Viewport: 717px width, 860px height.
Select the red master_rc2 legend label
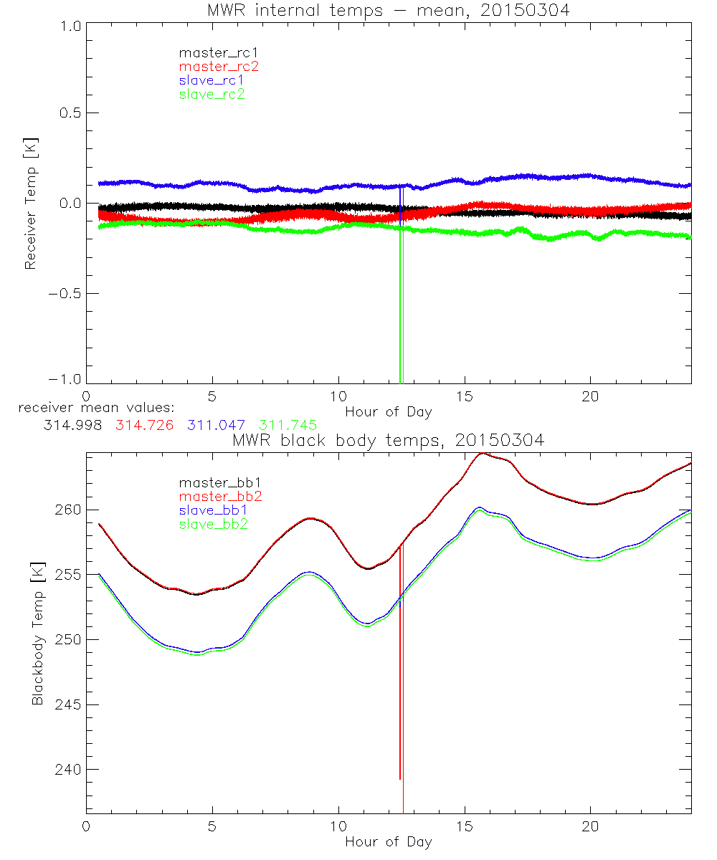click(219, 66)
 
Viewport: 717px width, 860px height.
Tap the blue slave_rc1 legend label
click(212, 80)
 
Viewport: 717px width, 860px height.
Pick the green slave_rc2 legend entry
click(212, 93)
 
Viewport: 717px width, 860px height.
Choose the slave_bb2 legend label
click(212, 524)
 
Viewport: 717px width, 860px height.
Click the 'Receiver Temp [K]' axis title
click(31, 203)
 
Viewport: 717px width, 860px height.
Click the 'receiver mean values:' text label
click(91, 408)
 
